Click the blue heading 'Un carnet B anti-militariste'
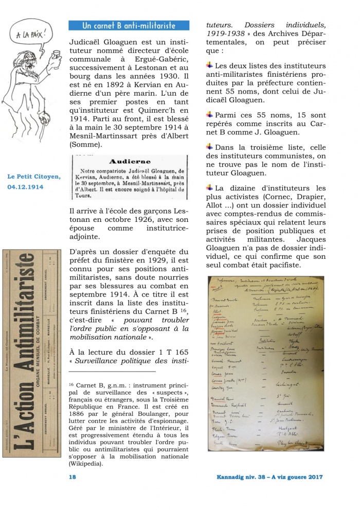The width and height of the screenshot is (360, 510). point(129,25)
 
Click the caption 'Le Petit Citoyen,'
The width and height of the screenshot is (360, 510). point(34,177)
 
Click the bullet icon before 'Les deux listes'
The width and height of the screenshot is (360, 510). point(209,66)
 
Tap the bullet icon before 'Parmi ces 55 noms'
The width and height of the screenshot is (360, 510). point(209,114)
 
